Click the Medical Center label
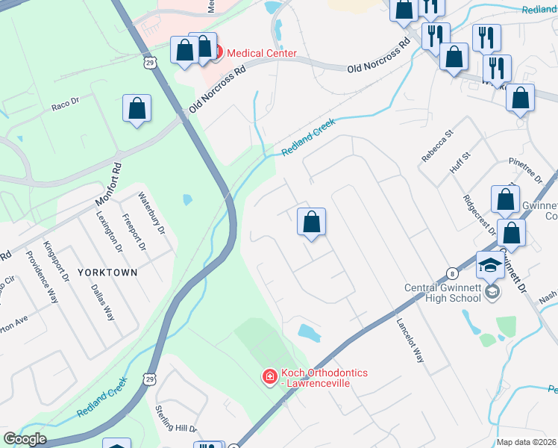pyautogui.click(x=261, y=53)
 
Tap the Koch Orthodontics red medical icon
pyautogui.click(x=270, y=379)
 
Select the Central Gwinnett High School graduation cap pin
pyautogui.click(x=491, y=267)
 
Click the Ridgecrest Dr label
pyautogui.click(x=479, y=215)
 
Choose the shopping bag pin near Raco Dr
pyautogui.click(x=137, y=109)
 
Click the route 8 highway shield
pyautogui.click(x=453, y=273)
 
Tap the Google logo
pyautogui.click(x=25, y=440)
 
